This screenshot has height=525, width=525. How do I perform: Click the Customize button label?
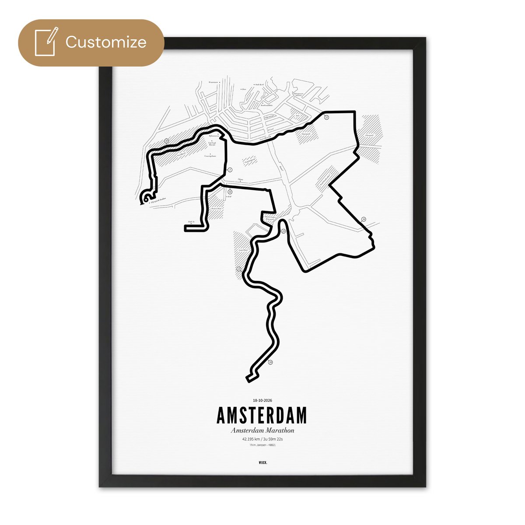(x=106, y=42)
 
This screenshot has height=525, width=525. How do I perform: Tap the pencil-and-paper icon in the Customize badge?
(x=46, y=42)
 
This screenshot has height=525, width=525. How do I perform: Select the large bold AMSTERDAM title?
(x=262, y=416)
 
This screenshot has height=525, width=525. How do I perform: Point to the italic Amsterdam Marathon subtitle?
(x=262, y=430)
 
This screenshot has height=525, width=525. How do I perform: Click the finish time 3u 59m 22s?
(x=275, y=439)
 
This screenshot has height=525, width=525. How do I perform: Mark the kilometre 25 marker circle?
(x=283, y=231)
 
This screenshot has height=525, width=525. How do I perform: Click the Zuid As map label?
(x=190, y=222)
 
